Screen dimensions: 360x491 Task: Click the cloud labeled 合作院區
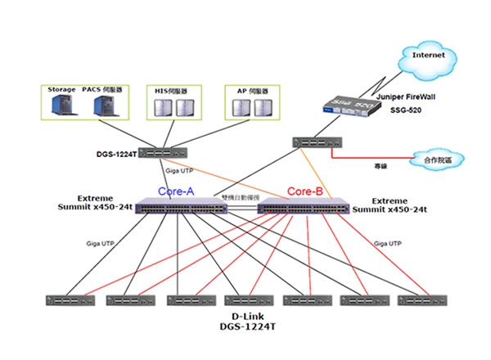tap(437, 158)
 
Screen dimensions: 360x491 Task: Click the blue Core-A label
tap(176, 191)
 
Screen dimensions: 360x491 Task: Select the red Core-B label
tap(305, 191)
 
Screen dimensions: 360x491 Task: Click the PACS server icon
tap(103, 106)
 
